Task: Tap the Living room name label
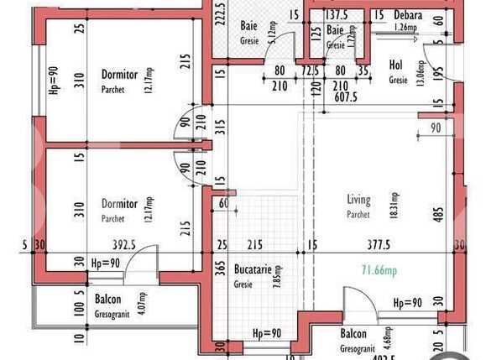pyautogui.click(x=358, y=200)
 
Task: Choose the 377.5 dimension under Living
pyautogui.click(x=379, y=245)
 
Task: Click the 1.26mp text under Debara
pyautogui.click(x=405, y=28)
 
